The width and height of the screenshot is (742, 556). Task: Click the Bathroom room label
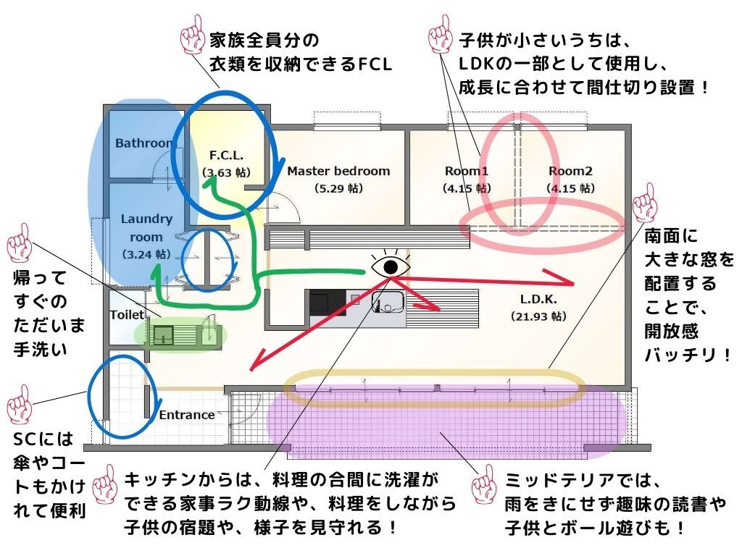point(143,143)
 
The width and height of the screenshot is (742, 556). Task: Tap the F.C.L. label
point(225,156)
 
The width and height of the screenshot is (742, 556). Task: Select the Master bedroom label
point(338,172)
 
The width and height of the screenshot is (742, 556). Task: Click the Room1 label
point(467,172)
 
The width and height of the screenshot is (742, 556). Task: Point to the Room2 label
point(570,172)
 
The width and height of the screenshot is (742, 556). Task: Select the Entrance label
point(187,415)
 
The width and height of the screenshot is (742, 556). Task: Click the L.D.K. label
point(537,298)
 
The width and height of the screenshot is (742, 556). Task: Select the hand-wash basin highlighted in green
point(164,334)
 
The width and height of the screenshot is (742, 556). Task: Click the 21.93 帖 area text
point(538,316)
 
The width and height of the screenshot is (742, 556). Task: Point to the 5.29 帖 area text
point(338,188)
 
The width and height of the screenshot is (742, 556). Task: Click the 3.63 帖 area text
point(225,172)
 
